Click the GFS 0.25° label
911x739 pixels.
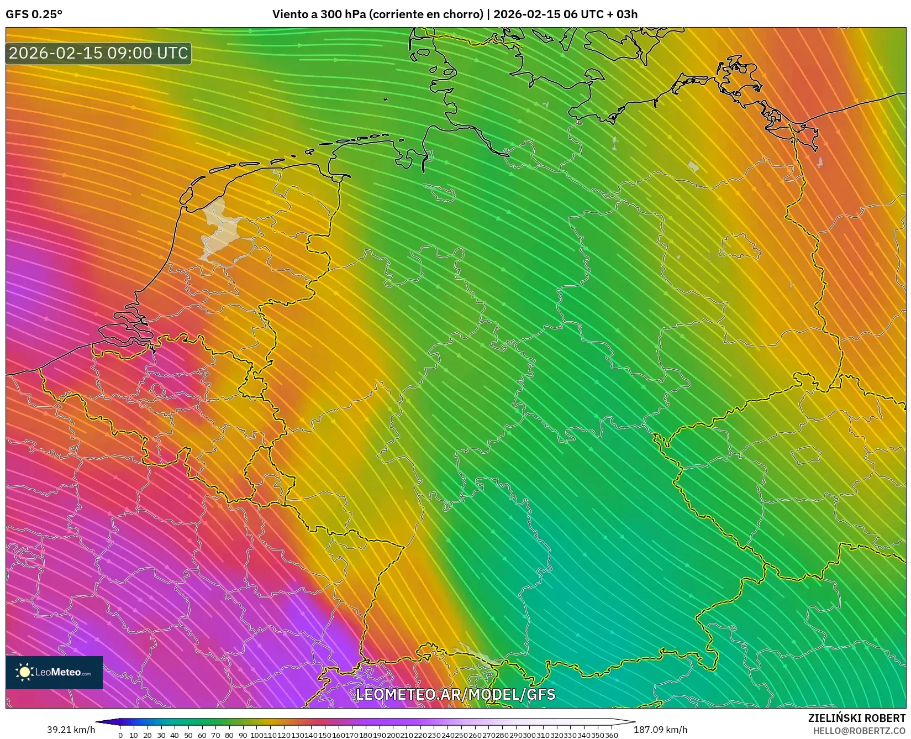34,14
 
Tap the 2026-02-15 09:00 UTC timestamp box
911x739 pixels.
98,53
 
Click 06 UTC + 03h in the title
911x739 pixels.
599,14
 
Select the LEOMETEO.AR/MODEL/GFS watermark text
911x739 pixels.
455,694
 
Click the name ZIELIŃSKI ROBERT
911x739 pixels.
856,719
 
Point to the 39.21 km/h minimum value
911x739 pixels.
71,730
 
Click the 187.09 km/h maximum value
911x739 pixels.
660,730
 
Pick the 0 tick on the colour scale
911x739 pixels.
120,735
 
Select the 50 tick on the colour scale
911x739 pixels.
188,735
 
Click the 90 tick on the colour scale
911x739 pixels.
243,735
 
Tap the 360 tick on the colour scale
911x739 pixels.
611,735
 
